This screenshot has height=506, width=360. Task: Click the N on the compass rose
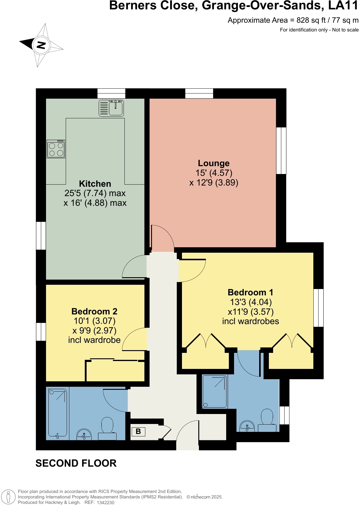[x=41, y=45]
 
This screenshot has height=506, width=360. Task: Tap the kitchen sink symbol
[x=111, y=108]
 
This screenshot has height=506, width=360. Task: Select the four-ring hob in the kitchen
[x=56, y=149]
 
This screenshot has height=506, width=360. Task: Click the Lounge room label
[x=213, y=163]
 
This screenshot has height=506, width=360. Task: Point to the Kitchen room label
[x=95, y=184]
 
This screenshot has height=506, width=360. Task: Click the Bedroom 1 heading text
[x=250, y=292]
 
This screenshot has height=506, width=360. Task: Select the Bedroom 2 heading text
[x=94, y=311]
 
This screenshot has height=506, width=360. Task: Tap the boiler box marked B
[x=138, y=432]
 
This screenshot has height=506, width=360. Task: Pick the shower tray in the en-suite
[x=215, y=392]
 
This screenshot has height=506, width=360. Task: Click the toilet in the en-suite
[x=267, y=419]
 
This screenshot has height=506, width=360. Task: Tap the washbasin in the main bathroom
[x=84, y=434]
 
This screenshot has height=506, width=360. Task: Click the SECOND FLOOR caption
[x=76, y=463]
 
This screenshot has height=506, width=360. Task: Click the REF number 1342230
[x=105, y=503]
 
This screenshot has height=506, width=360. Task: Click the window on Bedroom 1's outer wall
[x=318, y=308]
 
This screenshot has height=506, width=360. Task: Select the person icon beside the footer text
[x=8, y=497]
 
